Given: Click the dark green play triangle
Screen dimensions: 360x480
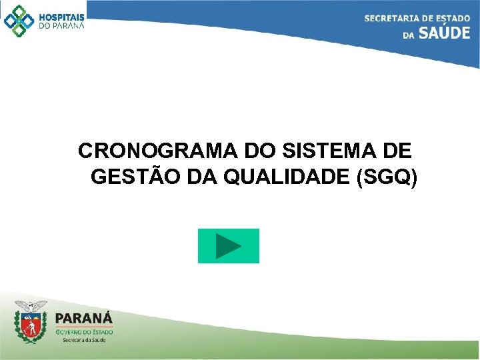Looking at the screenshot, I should click(229, 246).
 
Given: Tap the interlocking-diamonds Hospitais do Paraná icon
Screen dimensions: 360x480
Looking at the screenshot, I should click(19, 20).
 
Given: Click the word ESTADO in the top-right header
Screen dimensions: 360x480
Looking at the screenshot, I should click(453, 18).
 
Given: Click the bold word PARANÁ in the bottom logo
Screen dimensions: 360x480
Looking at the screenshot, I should click(84, 319).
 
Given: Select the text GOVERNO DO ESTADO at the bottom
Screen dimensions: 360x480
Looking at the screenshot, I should click(84, 331).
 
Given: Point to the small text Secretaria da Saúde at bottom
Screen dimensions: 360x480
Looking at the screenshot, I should click(84, 339).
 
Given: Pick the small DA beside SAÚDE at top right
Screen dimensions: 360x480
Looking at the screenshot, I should click(409, 35).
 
